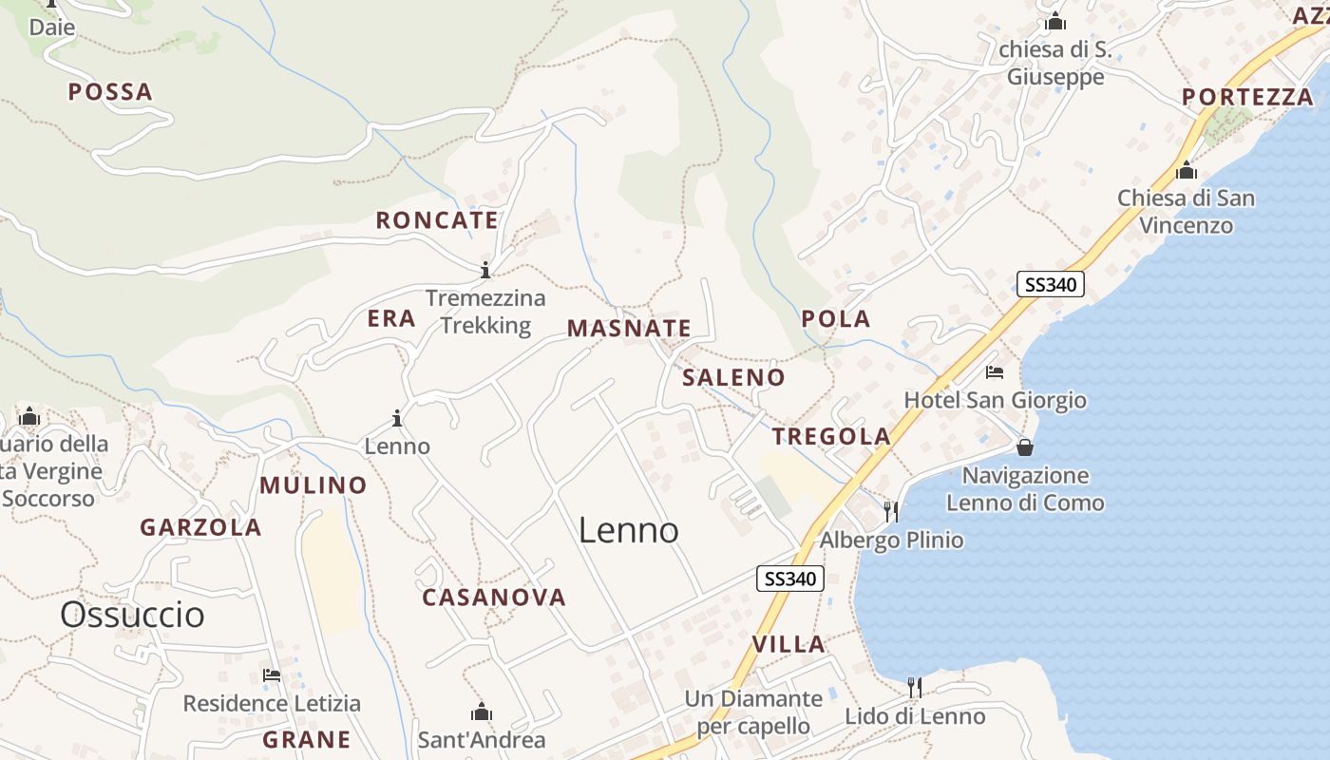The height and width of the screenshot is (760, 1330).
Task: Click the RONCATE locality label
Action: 437,220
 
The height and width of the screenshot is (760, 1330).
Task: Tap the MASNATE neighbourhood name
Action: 629,329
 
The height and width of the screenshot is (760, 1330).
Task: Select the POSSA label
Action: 110,92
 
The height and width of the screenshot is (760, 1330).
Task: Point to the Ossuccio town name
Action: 132,615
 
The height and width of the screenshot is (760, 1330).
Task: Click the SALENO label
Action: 734,377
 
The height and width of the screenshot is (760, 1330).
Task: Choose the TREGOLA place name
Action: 831,436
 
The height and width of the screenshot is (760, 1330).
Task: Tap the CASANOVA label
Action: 494,598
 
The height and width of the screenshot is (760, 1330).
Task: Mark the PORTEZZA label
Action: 1247,97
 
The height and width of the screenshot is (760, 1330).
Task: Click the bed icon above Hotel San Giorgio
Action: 995,372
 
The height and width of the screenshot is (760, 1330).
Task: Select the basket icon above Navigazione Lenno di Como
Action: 1025,446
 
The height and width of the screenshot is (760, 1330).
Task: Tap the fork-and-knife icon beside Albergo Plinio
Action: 891,512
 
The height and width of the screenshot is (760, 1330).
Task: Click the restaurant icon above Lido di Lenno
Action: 915,687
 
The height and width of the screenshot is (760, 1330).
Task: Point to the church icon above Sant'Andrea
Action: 482,712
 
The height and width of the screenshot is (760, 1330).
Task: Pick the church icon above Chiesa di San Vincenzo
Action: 1186,171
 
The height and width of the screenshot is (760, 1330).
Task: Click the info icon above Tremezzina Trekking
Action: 485,270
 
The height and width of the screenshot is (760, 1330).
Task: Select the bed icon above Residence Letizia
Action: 272,675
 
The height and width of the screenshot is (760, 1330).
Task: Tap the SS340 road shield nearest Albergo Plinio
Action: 790,578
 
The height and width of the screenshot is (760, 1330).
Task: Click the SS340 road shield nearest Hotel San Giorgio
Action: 1050,284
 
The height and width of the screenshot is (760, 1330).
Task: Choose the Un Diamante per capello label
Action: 753,712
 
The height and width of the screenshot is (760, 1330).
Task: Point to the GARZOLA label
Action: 200,527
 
